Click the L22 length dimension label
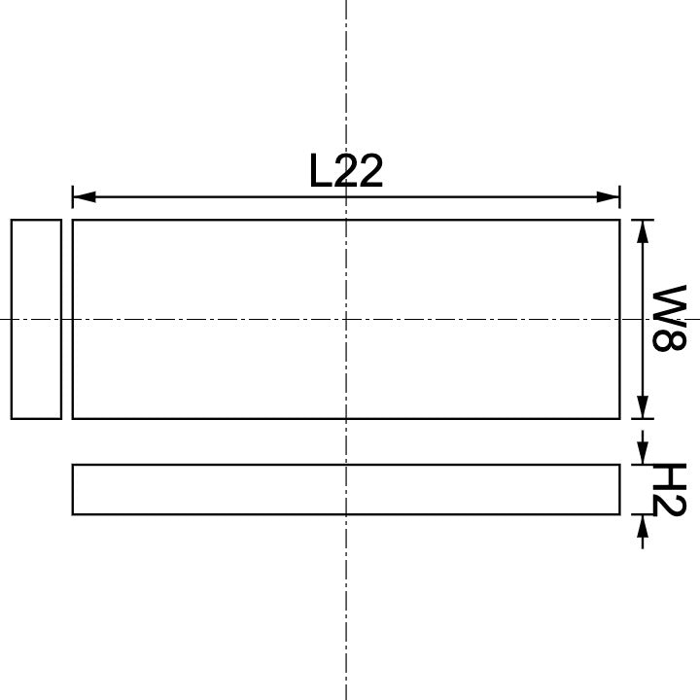point(346,172)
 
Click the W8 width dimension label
point(668,318)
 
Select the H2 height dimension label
point(668,490)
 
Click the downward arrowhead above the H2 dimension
point(642,453)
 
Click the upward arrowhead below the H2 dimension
point(642,526)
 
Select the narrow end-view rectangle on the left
point(36,319)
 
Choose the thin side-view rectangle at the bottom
point(346,489)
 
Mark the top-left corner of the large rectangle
point(73,221)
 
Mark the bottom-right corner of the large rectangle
point(619,418)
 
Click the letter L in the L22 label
point(322,172)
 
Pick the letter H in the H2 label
point(668,476)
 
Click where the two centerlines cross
point(346,319)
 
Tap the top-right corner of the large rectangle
point(619,221)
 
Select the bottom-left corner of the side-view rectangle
point(73,513)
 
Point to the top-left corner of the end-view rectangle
point(12,221)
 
